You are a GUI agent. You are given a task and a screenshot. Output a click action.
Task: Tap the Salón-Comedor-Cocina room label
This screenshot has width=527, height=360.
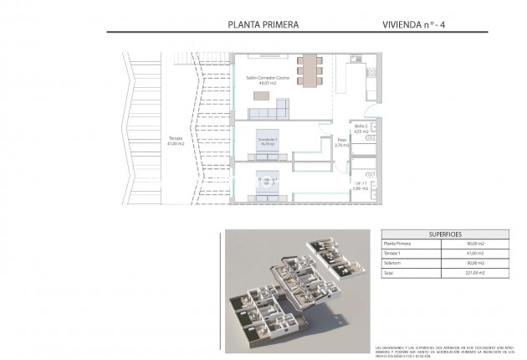[268, 78]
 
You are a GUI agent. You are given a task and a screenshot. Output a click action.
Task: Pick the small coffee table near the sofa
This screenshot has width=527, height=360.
[261, 94]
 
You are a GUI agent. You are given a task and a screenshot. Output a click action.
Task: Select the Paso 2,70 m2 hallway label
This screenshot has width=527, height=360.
[340, 142]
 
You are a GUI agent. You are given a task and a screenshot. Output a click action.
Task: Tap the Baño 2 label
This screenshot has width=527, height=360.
[361, 126]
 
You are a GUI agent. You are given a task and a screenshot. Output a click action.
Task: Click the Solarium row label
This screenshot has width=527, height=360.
[392, 263]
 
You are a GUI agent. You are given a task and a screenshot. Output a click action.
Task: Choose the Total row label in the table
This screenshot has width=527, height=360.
[389, 272]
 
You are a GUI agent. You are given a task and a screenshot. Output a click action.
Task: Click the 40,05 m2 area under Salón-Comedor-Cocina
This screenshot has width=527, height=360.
[268, 84]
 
